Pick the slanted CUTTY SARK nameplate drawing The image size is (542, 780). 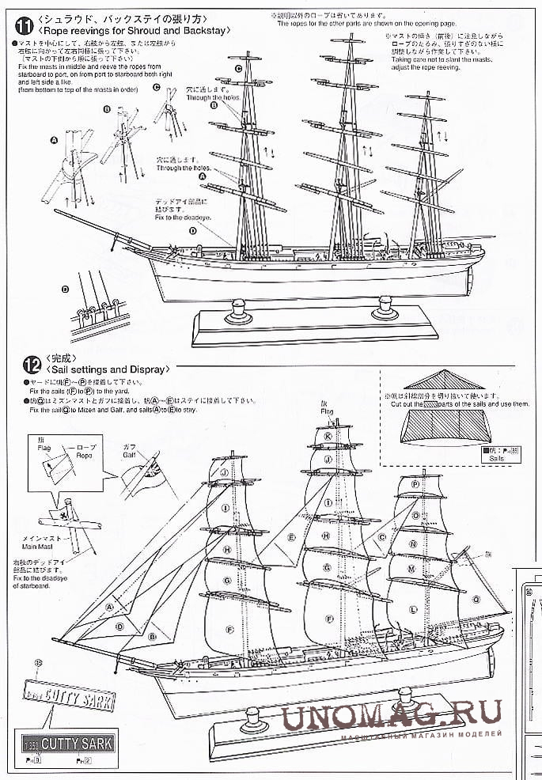(70, 699)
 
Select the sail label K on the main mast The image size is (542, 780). (328, 435)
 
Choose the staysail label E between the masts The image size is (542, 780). (292, 537)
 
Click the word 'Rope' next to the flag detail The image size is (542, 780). (85, 456)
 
